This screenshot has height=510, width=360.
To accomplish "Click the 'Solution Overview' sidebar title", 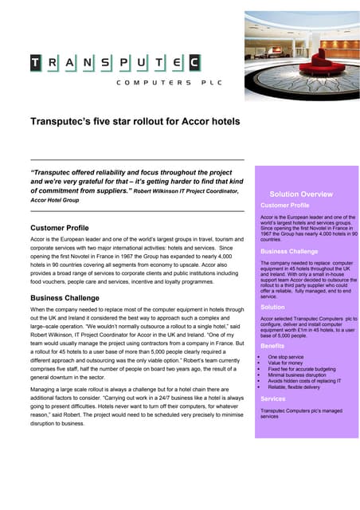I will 301,194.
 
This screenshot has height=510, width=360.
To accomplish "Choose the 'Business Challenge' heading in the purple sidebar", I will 289,251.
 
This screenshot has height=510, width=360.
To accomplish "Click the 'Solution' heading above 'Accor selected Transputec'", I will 272,307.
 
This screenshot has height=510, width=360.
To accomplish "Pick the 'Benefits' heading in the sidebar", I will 272,347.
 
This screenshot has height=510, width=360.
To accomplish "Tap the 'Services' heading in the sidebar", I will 273,398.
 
